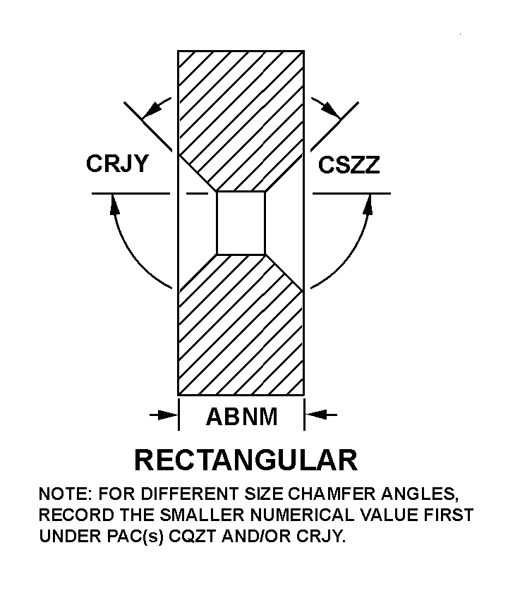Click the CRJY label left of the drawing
(117, 164)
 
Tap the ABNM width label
(241, 417)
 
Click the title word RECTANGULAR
(246, 460)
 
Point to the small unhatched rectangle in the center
(241, 222)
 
